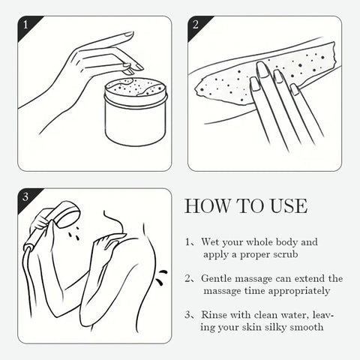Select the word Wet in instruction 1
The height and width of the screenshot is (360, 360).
click(210, 241)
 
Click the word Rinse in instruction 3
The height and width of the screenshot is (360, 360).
click(213, 315)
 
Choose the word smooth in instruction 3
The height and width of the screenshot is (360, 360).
click(307, 327)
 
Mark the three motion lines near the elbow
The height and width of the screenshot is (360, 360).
click(160, 277)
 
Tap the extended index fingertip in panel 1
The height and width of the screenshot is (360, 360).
click(129, 34)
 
